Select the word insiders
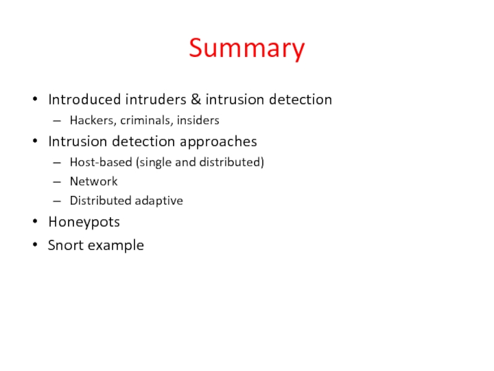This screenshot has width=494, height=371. [197, 120]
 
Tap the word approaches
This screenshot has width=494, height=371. [218, 142]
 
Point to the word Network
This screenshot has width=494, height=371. [93, 181]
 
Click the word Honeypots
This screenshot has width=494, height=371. [84, 221]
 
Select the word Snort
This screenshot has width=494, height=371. [65, 245]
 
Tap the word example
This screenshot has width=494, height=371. [115, 245]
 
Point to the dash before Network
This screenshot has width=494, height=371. [57, 182]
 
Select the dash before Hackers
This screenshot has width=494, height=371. [57, 121]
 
